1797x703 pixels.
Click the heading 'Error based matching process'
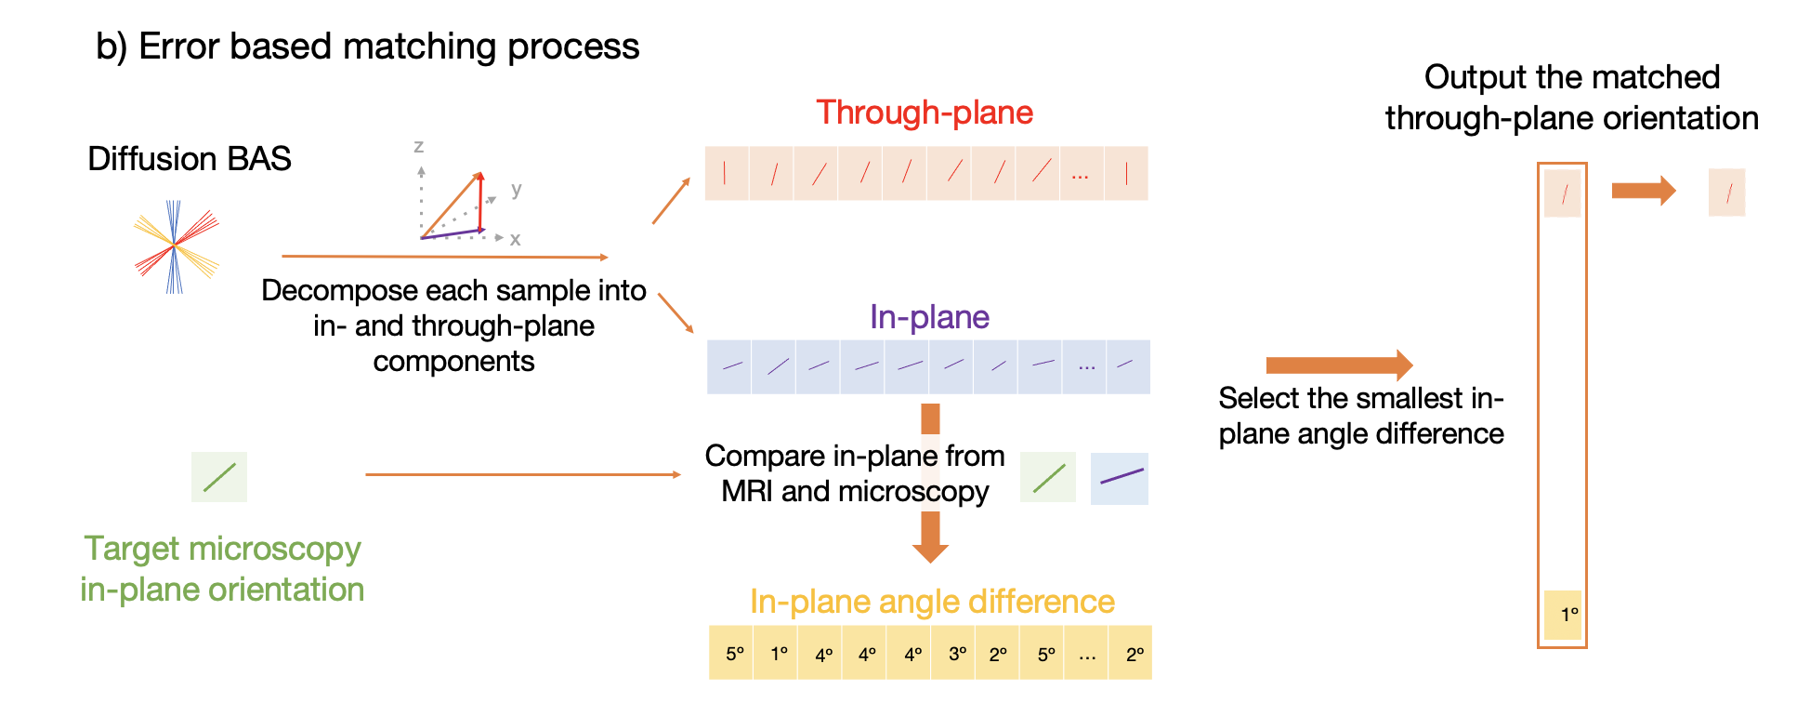(388, 46)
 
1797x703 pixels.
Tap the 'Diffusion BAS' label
(190, 159)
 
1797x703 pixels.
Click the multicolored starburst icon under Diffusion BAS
(176, 246)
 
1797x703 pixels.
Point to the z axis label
(419, 146)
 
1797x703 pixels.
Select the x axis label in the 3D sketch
(515, 239)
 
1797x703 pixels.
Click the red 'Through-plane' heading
(925, 113)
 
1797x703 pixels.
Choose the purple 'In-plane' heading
(929, 317)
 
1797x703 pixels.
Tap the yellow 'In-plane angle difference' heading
(932, 602)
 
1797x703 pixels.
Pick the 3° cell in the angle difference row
(957, 654)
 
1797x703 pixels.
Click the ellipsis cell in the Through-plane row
(1081, 174)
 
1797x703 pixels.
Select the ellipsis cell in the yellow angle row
(1087, 654)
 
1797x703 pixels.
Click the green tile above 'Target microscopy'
(219, 477)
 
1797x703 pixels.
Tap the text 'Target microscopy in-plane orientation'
(222, 569)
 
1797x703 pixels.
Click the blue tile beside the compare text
(1120, 479)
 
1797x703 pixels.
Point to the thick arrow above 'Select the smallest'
(1339, 365)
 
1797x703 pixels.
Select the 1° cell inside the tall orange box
(1563, 615)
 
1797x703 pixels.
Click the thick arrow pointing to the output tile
(1643, 191)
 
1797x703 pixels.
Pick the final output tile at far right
(1726, 192)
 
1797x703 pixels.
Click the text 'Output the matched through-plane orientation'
(1571, 98)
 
